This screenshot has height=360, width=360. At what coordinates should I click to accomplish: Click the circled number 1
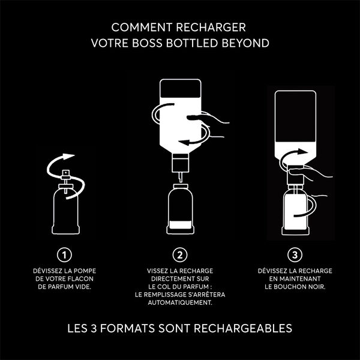pos(64,254)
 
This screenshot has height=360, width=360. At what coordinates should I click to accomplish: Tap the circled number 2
pos(180,254)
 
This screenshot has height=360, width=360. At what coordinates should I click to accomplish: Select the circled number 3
pos(295,254)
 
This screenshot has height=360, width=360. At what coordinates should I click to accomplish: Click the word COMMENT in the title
pos(142,28)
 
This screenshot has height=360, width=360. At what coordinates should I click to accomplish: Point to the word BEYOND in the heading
pos(245,43)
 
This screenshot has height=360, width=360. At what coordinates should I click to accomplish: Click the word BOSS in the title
pos(147,43)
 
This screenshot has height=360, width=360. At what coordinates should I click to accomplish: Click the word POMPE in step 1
pos(85,271)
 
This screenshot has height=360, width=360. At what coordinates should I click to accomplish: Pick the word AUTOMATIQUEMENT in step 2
pos(180,302)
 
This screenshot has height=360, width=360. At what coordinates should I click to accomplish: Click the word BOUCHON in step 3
pos(295,287)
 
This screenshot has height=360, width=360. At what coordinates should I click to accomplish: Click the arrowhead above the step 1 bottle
pos(68,157)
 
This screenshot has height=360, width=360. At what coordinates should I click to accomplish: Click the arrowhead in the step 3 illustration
pos(302,152)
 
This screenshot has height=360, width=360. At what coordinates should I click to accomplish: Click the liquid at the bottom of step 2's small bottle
pos(181,224)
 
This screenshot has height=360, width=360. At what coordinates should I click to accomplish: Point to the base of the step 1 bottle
pos(65,230)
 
